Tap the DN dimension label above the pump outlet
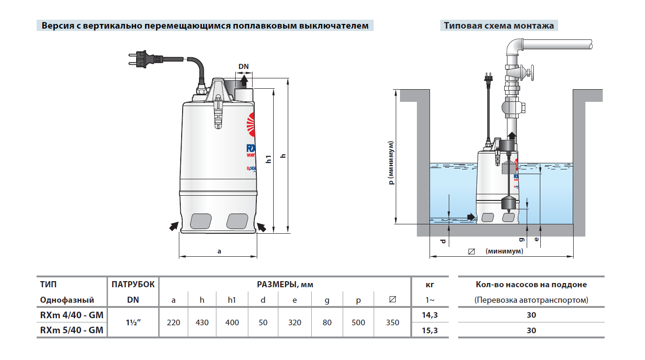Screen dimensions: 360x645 point(244,67)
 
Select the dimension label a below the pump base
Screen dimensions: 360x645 point(219,251)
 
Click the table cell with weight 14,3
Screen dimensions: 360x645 point(430,315)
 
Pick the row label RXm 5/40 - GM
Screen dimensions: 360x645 point(72,330)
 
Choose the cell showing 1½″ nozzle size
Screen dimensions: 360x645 point(133,322)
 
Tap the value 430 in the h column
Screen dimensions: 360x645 point(202,322)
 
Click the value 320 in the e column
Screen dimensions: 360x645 point(294,322)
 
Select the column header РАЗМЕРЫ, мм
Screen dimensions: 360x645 point(285,284)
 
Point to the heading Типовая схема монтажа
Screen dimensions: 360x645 point(499,25)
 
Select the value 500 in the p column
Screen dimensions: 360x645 point(358,322)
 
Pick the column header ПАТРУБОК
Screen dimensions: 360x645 point(133,284)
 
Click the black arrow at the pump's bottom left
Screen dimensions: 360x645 point(174,227)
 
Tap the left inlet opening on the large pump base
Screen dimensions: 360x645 point(201,220)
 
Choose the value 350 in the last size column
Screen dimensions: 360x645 point(392,322)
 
